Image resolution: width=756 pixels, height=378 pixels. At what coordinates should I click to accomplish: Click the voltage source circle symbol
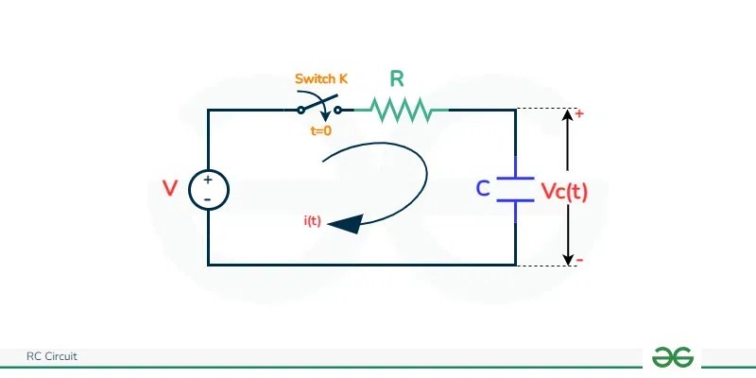[207, 189]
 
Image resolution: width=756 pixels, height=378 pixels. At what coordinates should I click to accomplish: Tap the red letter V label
[170, 189]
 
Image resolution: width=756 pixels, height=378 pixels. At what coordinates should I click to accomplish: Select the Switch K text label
[320, 79]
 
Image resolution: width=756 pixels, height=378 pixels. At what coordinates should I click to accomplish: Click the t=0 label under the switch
[321, 131]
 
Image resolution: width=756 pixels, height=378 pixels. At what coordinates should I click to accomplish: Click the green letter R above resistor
[398, 79]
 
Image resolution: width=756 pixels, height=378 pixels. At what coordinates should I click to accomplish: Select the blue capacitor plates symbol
[515, 189]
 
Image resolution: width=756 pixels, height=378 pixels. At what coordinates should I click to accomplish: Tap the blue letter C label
[483, 189]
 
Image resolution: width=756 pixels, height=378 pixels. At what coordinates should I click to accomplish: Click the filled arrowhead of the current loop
[349, 223]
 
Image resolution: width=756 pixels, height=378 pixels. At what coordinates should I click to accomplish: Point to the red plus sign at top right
[578, 113]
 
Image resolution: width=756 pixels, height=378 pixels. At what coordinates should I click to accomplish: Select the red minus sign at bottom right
[578, 260]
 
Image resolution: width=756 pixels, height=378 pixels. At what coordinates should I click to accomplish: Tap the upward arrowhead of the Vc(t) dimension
[567, 117]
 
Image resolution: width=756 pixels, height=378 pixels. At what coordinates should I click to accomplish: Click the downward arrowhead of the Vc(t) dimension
[567, 257]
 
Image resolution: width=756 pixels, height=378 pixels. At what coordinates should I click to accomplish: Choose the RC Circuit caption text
[52, 356]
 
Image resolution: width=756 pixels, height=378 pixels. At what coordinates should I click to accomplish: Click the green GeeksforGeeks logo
[672, 356]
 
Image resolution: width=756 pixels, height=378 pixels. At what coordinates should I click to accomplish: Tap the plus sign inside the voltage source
[207, 180]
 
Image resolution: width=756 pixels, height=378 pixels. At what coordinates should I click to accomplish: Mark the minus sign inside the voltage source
[207, 199]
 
